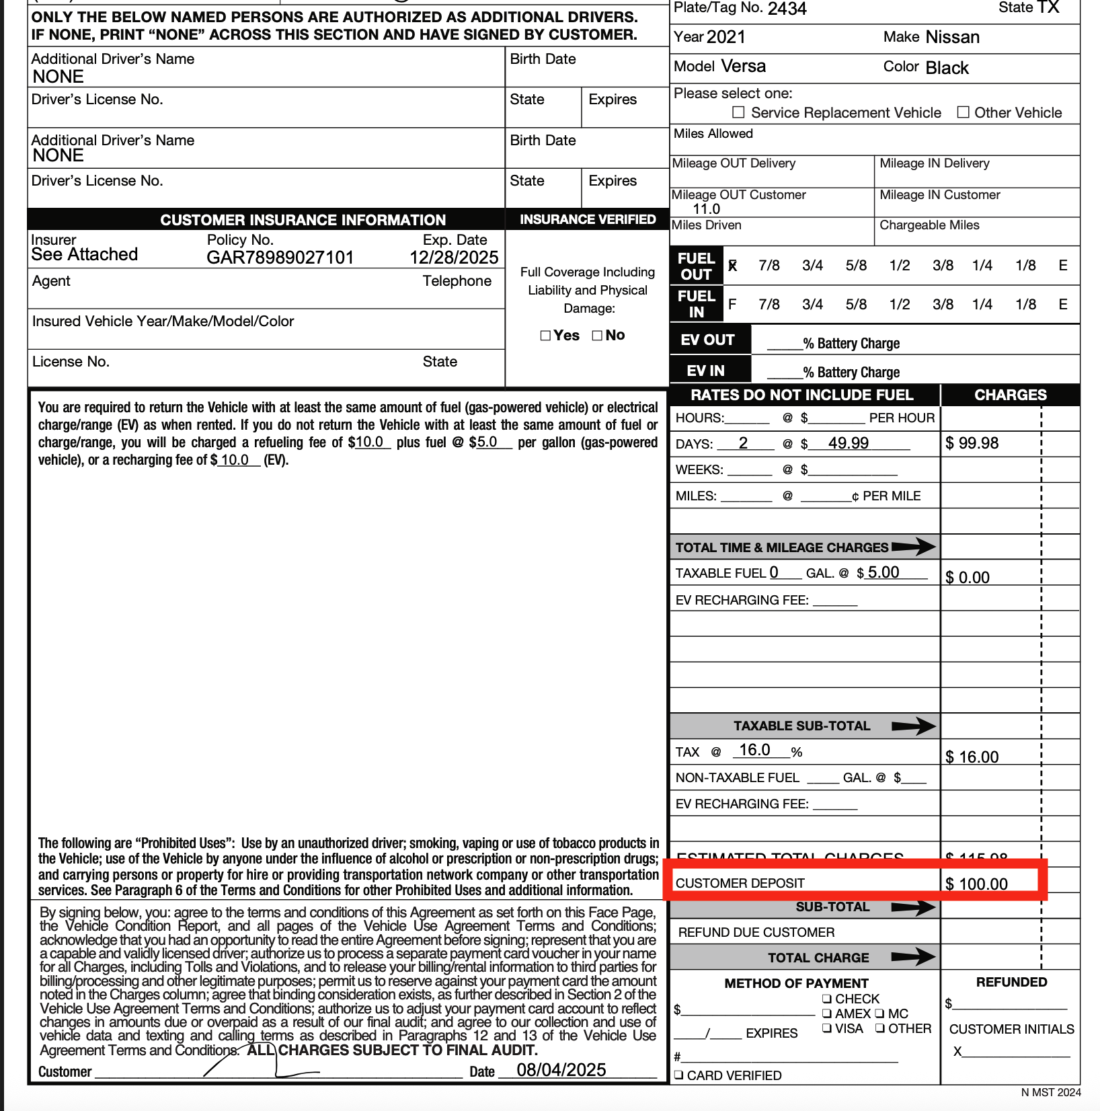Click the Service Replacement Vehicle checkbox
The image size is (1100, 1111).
tap(738, 112)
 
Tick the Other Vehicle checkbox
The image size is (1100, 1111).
tap(963, 112)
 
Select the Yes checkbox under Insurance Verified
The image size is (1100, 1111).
tap(545, 336)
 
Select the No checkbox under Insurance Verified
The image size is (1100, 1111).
tap(597, 336)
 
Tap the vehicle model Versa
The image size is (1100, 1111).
tap(743, 67)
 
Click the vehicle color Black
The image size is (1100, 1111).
tap(947, 68)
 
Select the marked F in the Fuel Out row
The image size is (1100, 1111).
tap(732, 266)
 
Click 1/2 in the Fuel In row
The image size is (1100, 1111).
tap(900, 305)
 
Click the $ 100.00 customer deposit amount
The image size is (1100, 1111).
tap(976, 884)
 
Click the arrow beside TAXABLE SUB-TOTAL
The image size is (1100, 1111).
tap(913, 726)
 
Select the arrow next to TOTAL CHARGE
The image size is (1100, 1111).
tap(913, 957)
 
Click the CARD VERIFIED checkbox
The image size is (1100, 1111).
tap(679, 1075)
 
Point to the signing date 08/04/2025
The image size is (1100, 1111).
tap(561, 1070)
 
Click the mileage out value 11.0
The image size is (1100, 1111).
tap(706, 209)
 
